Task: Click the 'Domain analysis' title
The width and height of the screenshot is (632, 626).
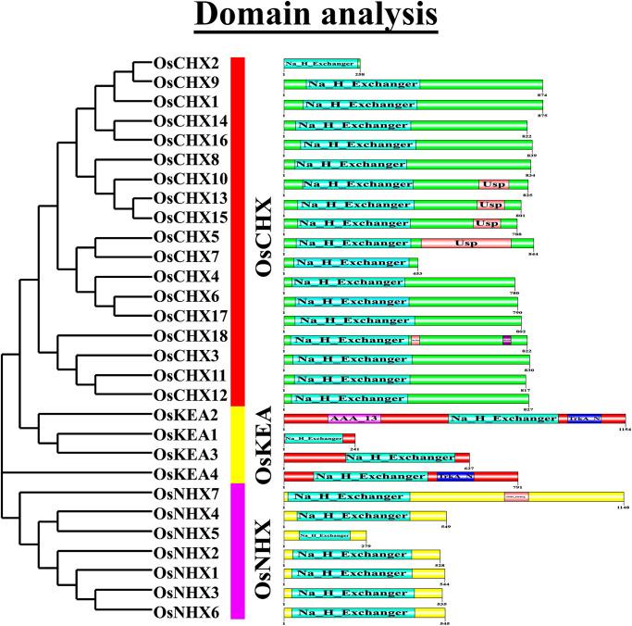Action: (316, 19)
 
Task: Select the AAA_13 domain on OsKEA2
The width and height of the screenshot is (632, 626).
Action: (354, 419)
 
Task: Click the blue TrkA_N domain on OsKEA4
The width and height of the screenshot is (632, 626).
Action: (454, 477)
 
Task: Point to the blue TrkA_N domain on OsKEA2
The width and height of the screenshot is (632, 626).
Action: (584, 419)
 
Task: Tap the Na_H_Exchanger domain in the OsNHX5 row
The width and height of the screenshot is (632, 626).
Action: (323, 535)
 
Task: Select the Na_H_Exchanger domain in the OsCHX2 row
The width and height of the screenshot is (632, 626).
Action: (320, 64)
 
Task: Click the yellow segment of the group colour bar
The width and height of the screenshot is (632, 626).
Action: (237, 443)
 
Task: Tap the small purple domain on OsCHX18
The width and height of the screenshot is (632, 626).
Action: (506, 340)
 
